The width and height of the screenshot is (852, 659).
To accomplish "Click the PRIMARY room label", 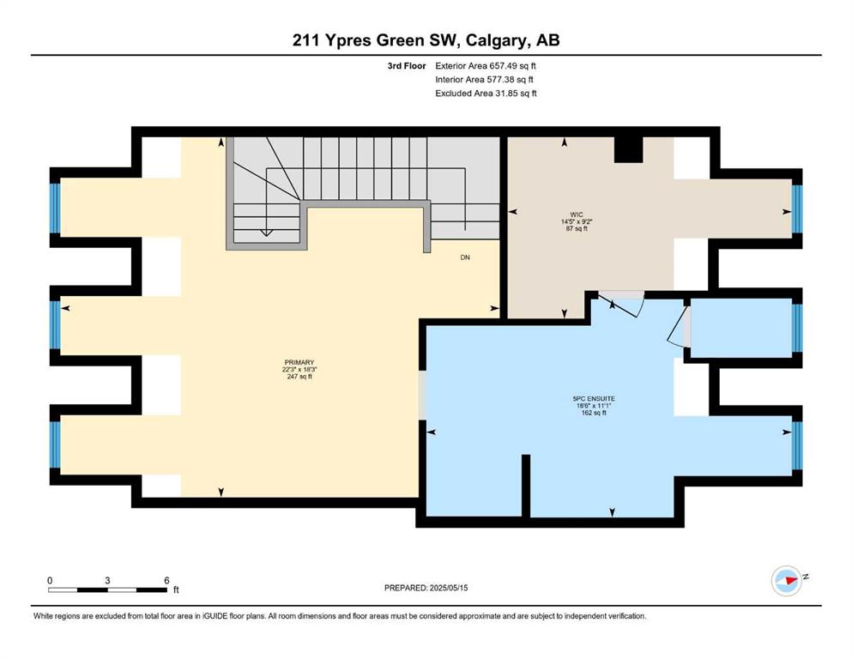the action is point(299,362).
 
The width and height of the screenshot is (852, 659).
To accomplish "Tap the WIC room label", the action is point(577,215).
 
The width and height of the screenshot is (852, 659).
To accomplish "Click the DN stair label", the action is point(465,257).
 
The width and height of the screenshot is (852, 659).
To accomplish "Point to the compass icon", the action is point(787,580).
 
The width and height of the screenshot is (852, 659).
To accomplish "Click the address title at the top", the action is point(426,40).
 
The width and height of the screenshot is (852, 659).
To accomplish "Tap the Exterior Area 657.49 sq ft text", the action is point(486,66).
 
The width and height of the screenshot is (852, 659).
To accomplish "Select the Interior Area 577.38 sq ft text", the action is point(484,79).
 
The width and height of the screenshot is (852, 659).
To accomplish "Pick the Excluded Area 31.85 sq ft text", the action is point(486,94).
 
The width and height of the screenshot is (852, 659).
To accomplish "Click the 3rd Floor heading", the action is point(407,66).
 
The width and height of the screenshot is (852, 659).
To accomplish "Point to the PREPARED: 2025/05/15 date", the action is point(426,588).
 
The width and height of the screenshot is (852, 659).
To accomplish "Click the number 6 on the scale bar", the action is point(166,580).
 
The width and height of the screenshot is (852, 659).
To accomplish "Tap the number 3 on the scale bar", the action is point(107,580).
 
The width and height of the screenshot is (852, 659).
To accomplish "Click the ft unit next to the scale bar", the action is point(176,589).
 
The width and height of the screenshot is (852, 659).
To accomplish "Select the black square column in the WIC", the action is point(628,149).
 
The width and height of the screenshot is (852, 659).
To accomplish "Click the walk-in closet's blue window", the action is point(797,209).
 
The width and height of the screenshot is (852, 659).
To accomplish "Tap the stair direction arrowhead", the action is point(266,233).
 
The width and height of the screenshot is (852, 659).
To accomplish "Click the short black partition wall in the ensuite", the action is point(525,486).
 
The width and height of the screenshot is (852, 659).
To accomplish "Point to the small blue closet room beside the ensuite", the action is point(740,328).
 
